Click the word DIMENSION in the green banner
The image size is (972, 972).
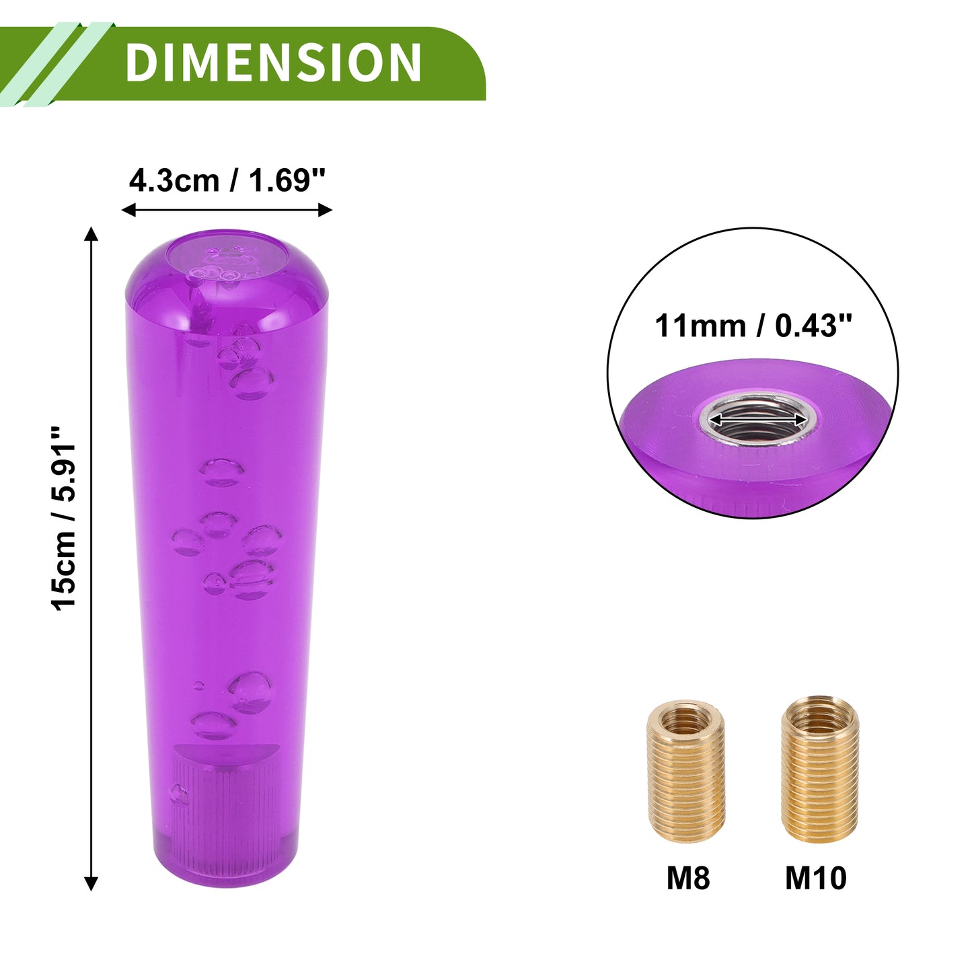(273, 62)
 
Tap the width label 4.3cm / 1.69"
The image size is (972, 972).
(227, 180)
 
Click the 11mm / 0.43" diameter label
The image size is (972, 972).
(753, 326)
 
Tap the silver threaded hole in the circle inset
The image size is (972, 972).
(755, 420)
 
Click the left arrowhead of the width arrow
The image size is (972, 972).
(128, 210)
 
